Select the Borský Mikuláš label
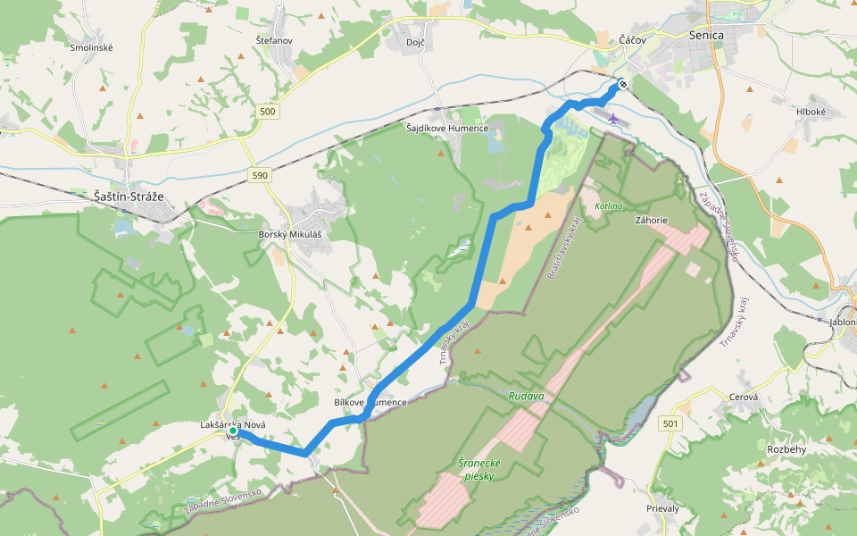coord(288,234)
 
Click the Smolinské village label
coord(92,47)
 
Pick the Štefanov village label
coord(274,41)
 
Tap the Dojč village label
coord(415,42)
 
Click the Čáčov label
coord(633,41)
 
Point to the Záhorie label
coord(652,219)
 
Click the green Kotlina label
coord(609,206)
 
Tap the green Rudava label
coord(527,395)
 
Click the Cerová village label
coord(744,398)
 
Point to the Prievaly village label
coord(662,508)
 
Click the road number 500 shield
coord(268,112)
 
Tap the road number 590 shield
coord(260,175)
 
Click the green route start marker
coord(233,431)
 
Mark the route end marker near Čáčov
coord(622,85)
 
